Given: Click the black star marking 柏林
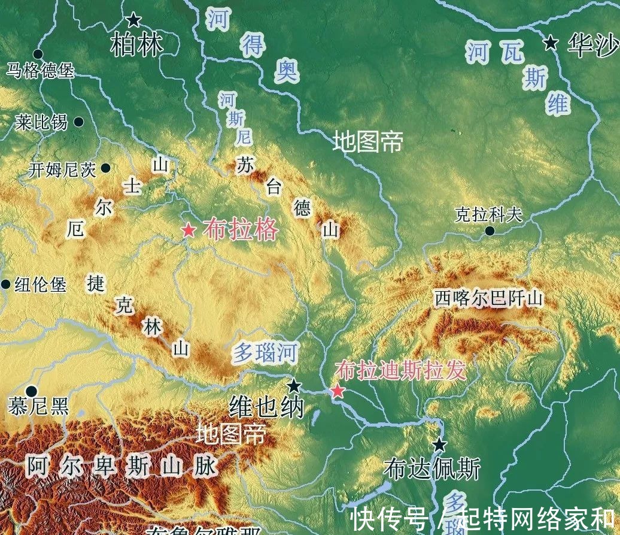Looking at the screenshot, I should pos(133,20).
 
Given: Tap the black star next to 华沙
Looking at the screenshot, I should pos(551,43).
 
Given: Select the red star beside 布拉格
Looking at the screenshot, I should pos(189,230).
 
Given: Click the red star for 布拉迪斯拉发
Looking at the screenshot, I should pos(338,391).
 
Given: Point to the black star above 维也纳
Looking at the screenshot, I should pos(294,386).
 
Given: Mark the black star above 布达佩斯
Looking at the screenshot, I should pos(440,445).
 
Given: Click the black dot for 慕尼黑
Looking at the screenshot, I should pos(31,392).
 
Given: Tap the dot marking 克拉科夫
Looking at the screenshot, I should pos(490,231).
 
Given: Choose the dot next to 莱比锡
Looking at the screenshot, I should pos(78,122).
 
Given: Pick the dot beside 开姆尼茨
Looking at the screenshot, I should pos(106,168).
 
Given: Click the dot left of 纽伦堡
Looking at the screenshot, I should pos(5,284).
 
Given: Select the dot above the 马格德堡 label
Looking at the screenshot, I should pos(38,54).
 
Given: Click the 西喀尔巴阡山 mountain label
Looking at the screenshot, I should pos(488,298).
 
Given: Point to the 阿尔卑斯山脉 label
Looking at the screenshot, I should pos(122,466).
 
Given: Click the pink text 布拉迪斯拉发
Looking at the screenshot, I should pos(400,371).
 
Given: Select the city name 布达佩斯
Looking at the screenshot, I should pos(432,469).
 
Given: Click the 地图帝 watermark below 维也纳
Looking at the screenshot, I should pos(231,434).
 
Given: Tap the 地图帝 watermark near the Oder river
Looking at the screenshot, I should pos(368,142).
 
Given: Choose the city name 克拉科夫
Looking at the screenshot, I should pos(488,214).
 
